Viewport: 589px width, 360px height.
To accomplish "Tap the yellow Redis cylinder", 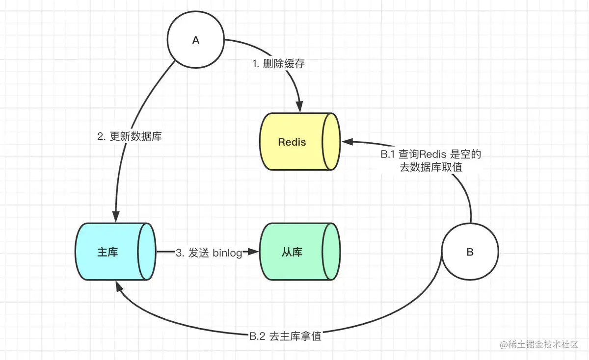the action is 300,142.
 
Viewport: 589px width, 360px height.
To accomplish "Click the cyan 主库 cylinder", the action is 116,252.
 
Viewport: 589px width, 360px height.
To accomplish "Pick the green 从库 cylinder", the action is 300,252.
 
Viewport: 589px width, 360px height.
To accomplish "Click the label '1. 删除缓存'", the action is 278,64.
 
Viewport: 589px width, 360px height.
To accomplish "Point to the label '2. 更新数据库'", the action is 130,136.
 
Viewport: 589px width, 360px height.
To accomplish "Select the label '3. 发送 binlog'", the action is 209,253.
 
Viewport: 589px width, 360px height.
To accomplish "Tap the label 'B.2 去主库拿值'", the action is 285,336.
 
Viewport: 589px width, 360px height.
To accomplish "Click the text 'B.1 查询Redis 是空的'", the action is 431,154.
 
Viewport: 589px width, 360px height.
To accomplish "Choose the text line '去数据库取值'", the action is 431,167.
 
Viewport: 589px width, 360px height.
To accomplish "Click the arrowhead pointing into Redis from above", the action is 299,106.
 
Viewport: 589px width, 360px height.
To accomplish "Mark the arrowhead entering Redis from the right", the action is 347,142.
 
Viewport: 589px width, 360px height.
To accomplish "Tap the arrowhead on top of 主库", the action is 116,216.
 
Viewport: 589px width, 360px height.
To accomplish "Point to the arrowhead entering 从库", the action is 253,252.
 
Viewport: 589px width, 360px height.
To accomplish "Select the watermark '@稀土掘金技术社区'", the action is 539,344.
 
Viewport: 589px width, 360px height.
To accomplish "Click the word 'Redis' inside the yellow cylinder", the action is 292,142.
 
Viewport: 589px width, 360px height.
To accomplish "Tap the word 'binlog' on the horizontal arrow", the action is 227,253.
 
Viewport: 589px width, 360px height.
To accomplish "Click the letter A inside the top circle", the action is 196,40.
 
